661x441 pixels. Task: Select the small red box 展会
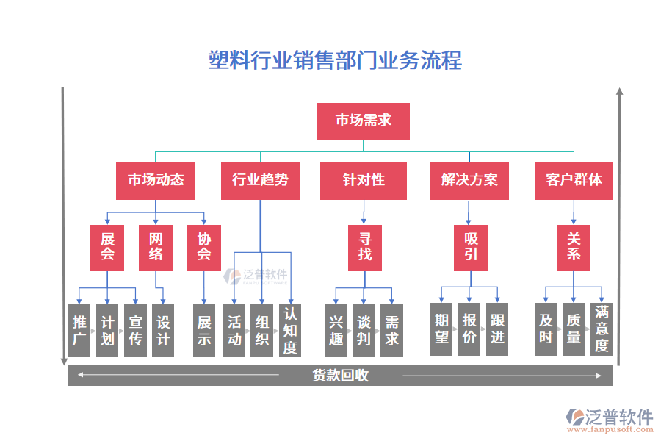tap(107, 247)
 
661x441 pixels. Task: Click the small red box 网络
tap(156, 247)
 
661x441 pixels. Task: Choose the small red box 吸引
tap(471, 247)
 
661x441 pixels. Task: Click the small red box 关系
tap(574, 247)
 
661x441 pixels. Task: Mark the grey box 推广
tap(79, 330)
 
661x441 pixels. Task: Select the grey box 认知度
tap(290, 330)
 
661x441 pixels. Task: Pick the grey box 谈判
tap(364, 330)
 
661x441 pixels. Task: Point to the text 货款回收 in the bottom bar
tap(340, 376)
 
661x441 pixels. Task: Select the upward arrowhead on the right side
tap(619, 92)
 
